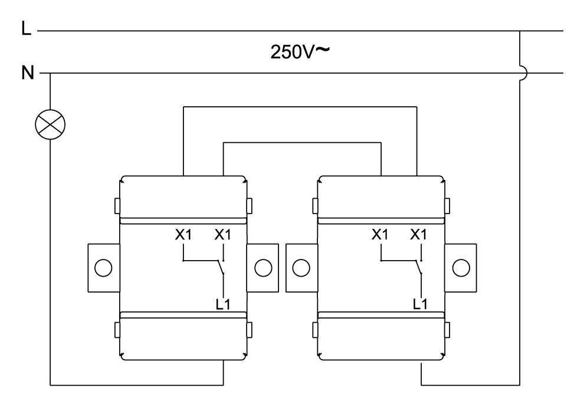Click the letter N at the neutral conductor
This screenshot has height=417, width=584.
coord(27,74)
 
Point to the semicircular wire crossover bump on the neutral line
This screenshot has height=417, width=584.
coord(523,74)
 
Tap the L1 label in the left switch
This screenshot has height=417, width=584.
coord(222,304)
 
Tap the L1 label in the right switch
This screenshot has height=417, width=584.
coord(419,304)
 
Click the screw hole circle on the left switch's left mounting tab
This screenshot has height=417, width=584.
coord(104,267)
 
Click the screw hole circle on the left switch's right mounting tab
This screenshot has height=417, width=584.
coord(262,267)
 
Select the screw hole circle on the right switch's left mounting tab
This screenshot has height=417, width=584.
coord(301,267)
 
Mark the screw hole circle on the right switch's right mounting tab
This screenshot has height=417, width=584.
coord(460,267)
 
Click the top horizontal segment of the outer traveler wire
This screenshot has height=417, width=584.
coord(301,107)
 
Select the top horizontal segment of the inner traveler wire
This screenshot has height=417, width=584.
coord(301,142)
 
